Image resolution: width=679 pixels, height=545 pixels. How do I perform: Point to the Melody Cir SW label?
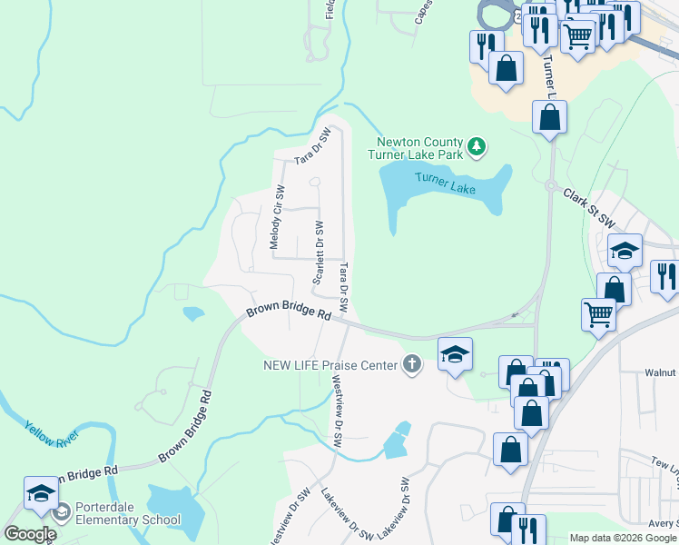coord(275,218)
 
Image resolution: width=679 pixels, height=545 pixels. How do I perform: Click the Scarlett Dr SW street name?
coord(319,252)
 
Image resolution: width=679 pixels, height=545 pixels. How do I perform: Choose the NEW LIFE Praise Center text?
coord(330,365)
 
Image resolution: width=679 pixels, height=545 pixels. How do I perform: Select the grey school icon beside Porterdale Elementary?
coord(61,514)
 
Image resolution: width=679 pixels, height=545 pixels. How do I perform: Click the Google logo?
coord(29,534)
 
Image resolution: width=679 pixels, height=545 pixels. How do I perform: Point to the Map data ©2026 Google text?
coord(623,538)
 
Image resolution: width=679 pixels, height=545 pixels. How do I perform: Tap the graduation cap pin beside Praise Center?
coord(456,353)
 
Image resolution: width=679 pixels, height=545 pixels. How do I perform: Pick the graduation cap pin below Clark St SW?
coord(625,250)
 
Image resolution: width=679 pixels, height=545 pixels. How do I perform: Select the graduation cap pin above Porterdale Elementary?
coord(41,491)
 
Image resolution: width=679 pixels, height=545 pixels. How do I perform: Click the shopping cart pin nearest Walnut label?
coord(599,314)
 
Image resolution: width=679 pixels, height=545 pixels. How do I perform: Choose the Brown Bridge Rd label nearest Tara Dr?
coord(289,312)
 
